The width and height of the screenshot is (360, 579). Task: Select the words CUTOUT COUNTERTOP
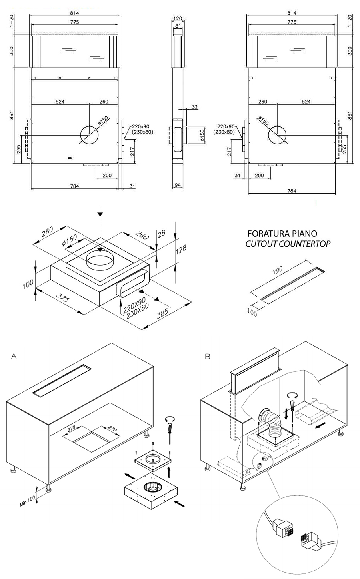(x=288, y=244)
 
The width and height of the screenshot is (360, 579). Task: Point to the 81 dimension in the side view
(x=178, y=26)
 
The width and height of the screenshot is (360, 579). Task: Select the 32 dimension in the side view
(x=195, y=107)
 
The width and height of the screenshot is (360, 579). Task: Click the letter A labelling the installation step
(x=14, y=355)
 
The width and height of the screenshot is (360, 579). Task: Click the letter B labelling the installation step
(x=207, y=355)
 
